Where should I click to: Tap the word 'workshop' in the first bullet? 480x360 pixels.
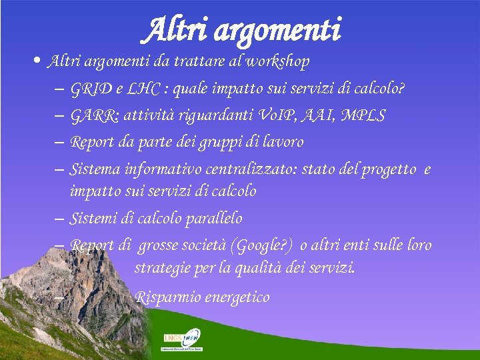coord(278,62)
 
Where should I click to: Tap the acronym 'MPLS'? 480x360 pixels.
coord(363,115)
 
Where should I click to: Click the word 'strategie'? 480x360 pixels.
coord(163,269)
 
